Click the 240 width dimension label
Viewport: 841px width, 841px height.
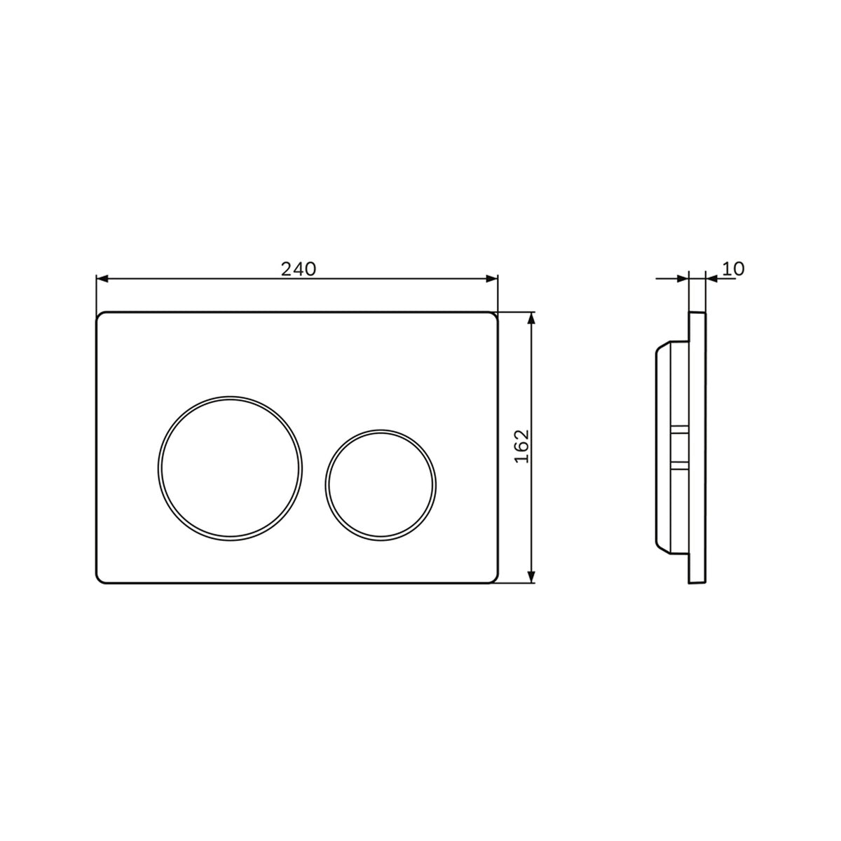298,269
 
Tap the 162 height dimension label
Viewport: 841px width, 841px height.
522,446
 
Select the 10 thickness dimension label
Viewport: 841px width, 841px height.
733,269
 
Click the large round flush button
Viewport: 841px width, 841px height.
230,468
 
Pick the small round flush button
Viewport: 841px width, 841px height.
380,485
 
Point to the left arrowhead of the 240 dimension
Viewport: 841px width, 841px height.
102,278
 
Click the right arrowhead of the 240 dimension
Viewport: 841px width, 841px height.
492,278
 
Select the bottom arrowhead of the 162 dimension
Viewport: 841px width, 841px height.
531,577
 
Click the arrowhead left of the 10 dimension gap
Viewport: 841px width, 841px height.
683,278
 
